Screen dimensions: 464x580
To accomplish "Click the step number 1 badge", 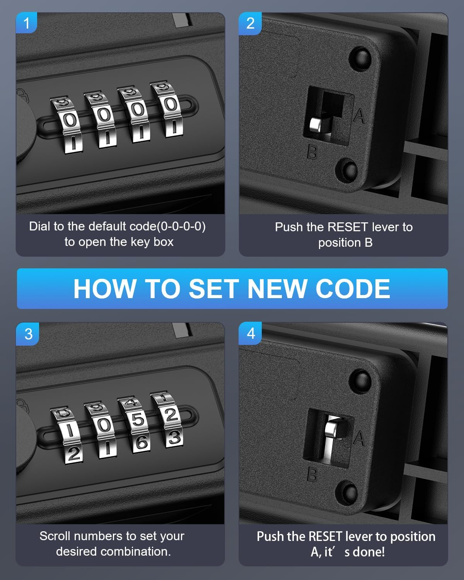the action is point(26,23).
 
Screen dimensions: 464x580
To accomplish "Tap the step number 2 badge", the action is point(250,23).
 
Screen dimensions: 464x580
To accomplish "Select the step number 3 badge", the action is point(28,334).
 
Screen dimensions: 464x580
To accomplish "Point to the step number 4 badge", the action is point(251,333).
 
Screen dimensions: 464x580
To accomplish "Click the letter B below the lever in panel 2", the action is point(312,152).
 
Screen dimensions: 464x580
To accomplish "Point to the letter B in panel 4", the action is point(312,474).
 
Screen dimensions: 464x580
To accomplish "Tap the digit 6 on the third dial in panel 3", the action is point(141,442).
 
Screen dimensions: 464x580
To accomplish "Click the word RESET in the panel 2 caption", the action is point(348,227).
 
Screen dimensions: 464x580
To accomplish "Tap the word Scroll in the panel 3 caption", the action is point(55,536).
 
